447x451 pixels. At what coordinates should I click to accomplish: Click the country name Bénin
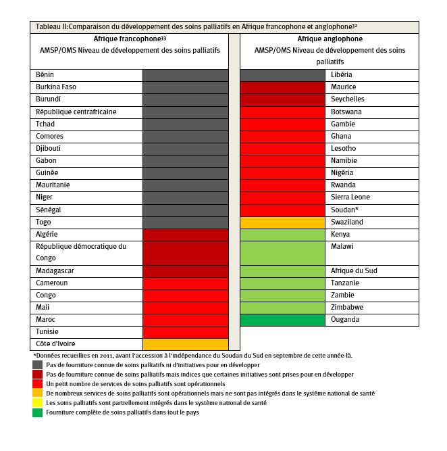pos(45,74)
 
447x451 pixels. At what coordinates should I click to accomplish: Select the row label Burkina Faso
pos(55,87)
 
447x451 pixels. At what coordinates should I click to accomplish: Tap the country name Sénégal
pos(48,210)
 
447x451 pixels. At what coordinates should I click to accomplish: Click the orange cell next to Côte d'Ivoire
pos(185,344)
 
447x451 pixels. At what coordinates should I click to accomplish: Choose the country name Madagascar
pos(55,270)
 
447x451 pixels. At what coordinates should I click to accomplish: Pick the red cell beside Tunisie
pos(185,332)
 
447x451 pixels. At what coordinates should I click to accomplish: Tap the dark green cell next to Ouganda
pos(283,320)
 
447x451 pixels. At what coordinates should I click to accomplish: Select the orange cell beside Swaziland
pos(283,222)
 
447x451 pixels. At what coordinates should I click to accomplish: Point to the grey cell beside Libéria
pos(283,74)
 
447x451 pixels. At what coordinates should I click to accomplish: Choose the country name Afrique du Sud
pos(352,270)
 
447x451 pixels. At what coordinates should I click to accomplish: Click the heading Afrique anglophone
pos(330,39)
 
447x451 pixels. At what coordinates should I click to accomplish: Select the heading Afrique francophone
pos(129,39)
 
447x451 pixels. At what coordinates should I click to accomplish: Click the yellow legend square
pos(37,403)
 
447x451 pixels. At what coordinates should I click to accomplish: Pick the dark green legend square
pos(37,412)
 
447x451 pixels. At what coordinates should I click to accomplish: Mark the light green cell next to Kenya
pos(283,234)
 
